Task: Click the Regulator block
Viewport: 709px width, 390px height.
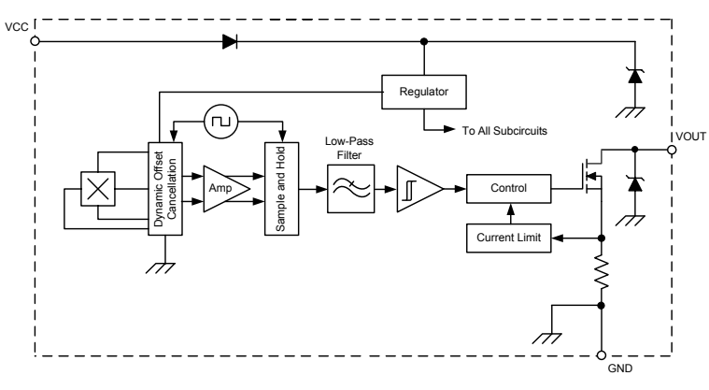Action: (x=424, y=92)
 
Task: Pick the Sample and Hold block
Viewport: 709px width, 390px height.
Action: (x=279, y=189)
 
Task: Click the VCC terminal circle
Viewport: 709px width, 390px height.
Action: (x=35, y=41)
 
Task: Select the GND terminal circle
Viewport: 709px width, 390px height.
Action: (x=601, y=356)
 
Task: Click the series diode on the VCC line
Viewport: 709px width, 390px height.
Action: (x=229, y=41)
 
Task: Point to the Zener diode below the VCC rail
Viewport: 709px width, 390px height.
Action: (x=636, y=76)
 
